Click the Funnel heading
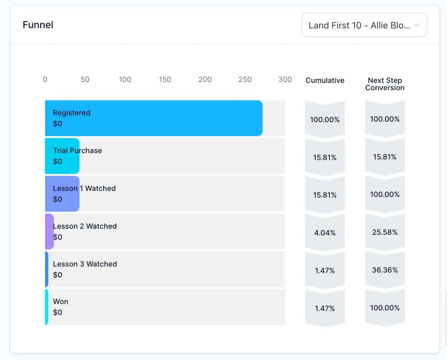pos(38,25)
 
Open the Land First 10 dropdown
pos(364,25)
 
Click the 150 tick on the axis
pos(165,79)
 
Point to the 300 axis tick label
pos(285,79)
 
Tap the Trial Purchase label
pos(77,151)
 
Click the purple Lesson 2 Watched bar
pos(49,231)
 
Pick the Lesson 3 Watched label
pos(85,264)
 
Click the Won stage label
pos(61,301)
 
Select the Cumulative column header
pos(325,80)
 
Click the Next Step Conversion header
pos(385,84)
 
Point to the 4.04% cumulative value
pos(325,233)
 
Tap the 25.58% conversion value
pos(385,232)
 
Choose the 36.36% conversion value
pos(385,270)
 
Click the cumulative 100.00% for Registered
pos(325,120)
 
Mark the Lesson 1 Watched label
pos(84,188)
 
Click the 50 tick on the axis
pos(85,79)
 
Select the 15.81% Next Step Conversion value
pos(385,157)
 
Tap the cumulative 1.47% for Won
pos(325,308)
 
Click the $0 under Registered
pos(58,124)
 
